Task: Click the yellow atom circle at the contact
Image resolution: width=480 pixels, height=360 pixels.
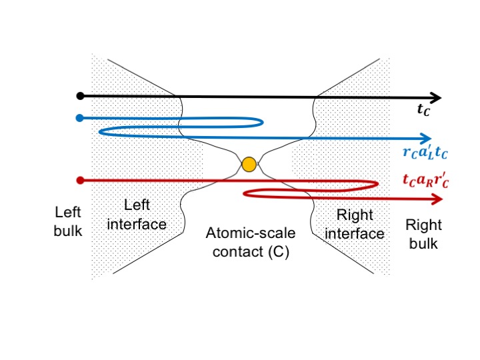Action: [249, 164]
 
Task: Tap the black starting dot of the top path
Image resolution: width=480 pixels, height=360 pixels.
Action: [80, 96]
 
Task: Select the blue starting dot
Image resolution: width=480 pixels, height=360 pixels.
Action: [80, 119]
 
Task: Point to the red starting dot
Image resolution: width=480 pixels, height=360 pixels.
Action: [80, 180]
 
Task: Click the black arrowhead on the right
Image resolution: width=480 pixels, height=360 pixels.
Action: [434, 96]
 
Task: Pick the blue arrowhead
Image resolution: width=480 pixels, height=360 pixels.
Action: [425, 139]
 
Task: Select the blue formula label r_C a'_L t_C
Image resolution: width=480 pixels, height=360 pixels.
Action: [425, 153]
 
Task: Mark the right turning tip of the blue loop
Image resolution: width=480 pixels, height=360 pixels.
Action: [262, 122]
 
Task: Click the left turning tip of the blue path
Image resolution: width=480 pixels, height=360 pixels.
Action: [99, 131]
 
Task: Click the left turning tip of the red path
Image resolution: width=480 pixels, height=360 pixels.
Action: [245, 193]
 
